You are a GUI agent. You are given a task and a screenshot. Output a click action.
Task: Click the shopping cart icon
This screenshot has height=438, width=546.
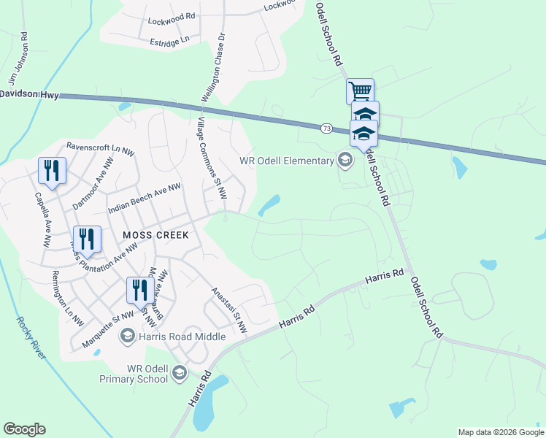360,91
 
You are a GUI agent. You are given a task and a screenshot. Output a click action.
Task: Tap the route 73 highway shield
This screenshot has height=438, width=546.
326,128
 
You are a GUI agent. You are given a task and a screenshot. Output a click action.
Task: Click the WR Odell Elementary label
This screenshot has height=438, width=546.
286,161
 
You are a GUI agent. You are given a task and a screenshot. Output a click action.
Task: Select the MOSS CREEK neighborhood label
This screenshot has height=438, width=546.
155,235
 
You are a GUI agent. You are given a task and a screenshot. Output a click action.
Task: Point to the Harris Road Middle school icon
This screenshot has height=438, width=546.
127,336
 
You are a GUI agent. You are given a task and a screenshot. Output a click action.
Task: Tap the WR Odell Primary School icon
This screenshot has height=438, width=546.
179,375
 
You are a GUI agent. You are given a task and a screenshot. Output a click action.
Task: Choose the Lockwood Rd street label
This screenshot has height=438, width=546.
171,15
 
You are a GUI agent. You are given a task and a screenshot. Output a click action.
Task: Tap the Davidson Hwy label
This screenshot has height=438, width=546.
29,93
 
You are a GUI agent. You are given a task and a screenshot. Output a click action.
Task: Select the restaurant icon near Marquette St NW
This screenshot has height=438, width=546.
138,290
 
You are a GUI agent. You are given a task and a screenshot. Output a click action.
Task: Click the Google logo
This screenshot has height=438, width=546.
24,429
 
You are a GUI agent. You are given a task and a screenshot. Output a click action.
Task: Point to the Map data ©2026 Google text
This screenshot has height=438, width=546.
501,432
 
